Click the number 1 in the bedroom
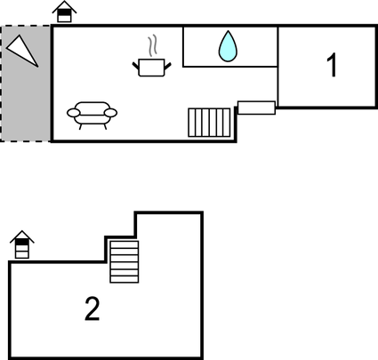click(x=332, y=65)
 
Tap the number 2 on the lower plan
click(x=92, y=309)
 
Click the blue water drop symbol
click(x=228, y=46)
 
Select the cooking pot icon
click(x=151, y=68)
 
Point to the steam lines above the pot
click(x=152, y=46)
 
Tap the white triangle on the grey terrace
click(x=22, y=51)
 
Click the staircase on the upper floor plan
click(x=209, y=123)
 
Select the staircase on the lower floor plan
click(x=125, y=261)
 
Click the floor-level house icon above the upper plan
click(x=64, y=12)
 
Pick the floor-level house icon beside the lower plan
click(x=22, y=244)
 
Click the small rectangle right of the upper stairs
click(x=256, y=108)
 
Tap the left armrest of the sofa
click(x=73, y=113)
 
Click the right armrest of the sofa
click(x=111, y=113)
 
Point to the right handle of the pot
click(x=168, y=66)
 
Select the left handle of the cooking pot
click(x=135, y=66)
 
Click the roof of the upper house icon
click(x=64, y=6)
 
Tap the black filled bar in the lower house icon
click(x=22, y=242)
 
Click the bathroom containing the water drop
click(x=230, y=46)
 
